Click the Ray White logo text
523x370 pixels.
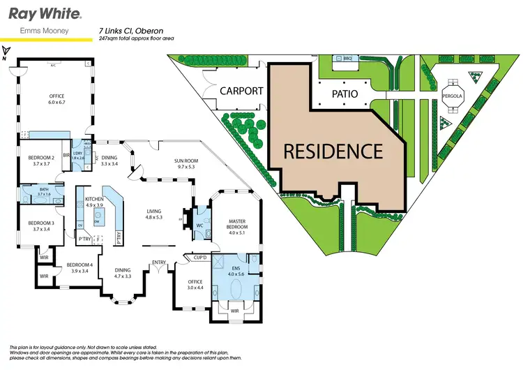43,13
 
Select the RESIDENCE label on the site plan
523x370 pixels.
333,151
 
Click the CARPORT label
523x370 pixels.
242,91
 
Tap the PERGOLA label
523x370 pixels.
453,96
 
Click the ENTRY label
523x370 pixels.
160,262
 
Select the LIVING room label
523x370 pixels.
153,214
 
